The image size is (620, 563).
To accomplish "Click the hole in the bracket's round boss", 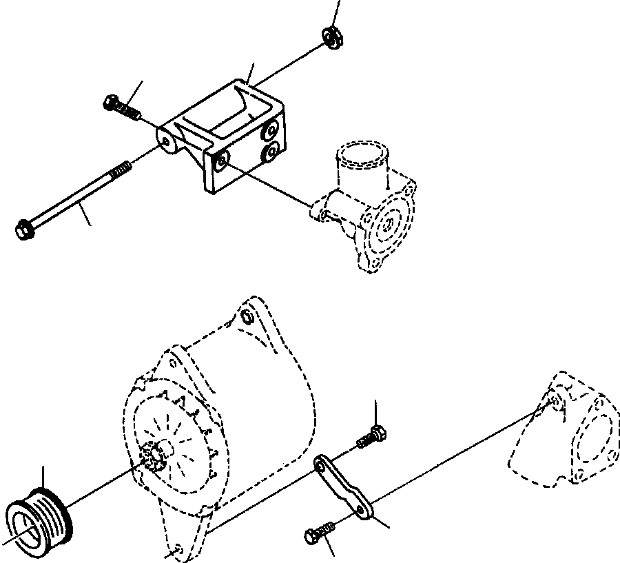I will tap(167, 141).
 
